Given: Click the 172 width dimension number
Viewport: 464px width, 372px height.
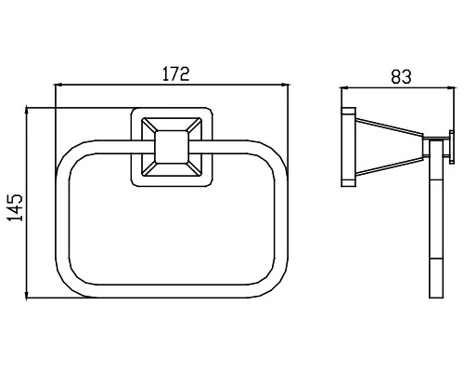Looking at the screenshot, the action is pos(175,73).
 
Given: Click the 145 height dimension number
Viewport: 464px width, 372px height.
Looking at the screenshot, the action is pos(16,207).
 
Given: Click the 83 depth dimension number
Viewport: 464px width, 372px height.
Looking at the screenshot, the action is pos(401,76).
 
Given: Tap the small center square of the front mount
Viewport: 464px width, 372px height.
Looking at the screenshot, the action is pos(172,147).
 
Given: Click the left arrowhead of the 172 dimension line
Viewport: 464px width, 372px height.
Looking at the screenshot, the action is pos(58,85).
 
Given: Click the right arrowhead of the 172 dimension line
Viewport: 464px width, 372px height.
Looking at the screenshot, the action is pos(284,85).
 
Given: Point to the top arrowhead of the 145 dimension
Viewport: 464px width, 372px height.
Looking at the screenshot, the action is pos(27,111).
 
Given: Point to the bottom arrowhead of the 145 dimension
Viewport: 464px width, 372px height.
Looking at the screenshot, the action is pos(27,295).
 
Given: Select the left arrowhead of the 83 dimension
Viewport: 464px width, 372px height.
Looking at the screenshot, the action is pos(344,88).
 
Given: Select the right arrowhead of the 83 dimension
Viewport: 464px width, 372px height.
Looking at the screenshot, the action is pos(452,88).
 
